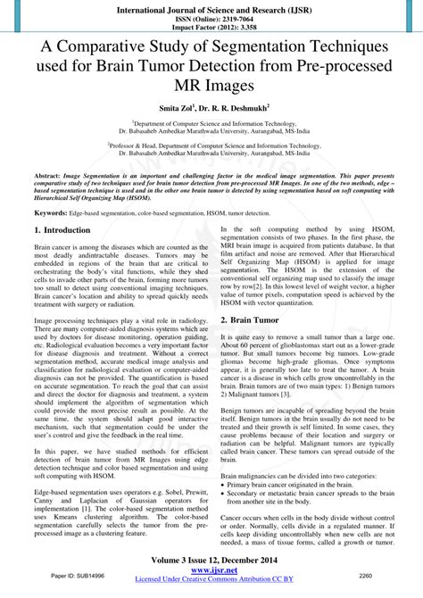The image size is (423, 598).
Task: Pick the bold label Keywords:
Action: coord(52,213)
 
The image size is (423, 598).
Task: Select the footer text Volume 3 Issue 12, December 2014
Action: coord(211,561)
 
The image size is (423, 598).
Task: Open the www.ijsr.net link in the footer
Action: coord(211,571)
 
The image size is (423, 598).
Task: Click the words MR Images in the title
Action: coord(211,85)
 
